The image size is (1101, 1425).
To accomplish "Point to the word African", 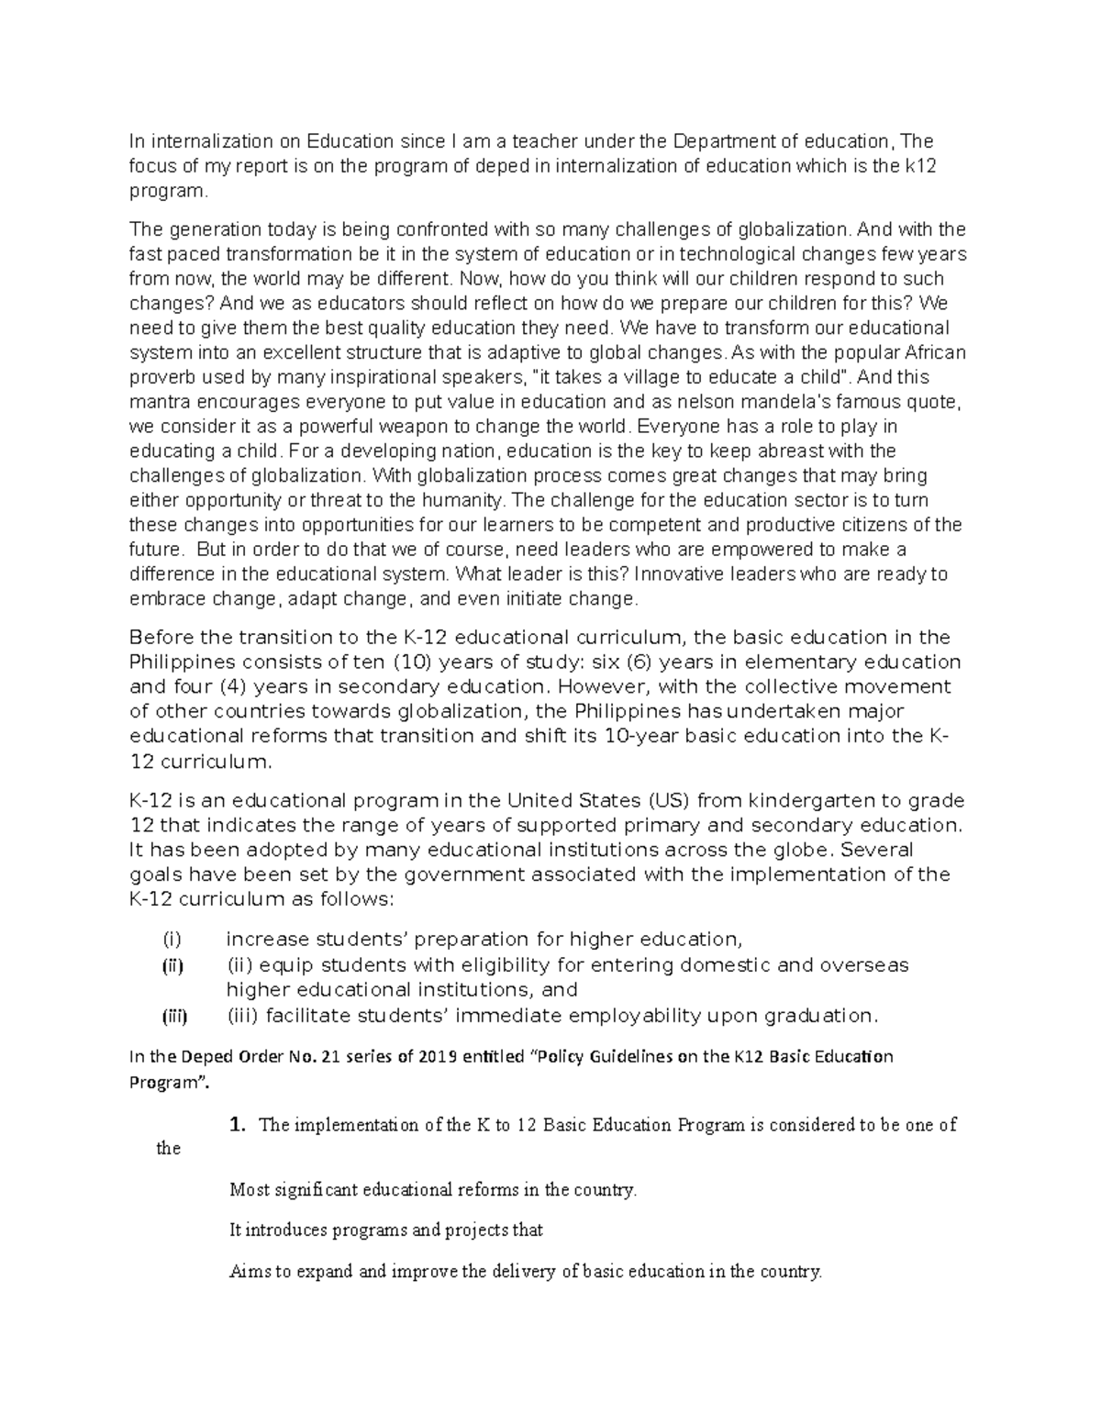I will (x=937, y=352).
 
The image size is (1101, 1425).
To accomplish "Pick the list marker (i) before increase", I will (x=172, y=940).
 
